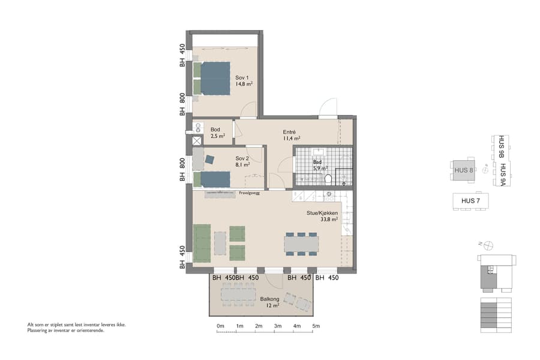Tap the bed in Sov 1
pos(212,78)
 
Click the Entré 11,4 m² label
pos(292,135)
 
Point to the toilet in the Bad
pos(328,179)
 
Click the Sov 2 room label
pos(242,160)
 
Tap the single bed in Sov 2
pos(212,179)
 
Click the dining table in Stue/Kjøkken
pos(301,244)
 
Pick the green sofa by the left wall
pos(202,243)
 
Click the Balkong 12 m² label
pos(269,302)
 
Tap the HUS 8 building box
pos(464,170)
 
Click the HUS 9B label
pos(502,147)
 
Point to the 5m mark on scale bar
pos(316,326)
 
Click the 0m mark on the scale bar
pos(220,326)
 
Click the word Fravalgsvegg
pos(249,193)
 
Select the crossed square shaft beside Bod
pos(197,141)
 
